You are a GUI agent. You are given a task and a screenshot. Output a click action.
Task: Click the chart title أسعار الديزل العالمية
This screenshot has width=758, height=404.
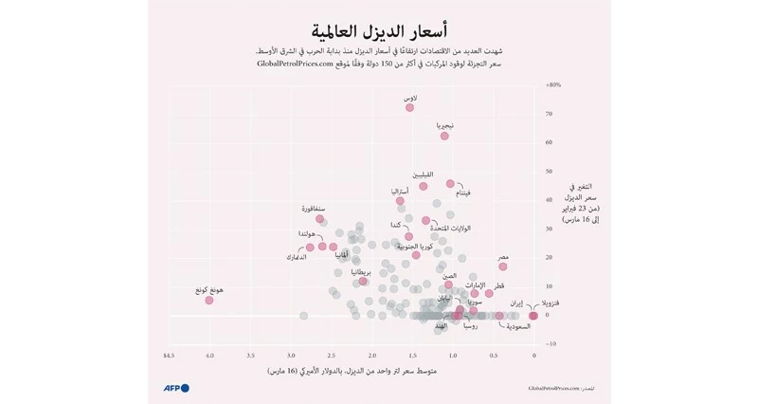(x=379, y=30)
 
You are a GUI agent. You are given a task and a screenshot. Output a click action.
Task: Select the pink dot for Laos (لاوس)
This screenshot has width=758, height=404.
(x=409, y=107)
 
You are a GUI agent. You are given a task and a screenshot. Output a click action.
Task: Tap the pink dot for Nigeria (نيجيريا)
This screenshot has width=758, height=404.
(x=444, y=136)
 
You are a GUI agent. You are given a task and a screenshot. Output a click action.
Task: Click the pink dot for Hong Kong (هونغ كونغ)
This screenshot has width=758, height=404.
(x=209, y=300)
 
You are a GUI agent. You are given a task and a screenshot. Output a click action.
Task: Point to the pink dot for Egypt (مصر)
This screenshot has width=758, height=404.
(x=503, y=266)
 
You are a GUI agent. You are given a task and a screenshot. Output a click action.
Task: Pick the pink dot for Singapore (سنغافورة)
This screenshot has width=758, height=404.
(x=320, y=219)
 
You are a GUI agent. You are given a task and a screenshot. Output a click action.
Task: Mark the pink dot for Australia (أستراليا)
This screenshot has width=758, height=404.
(x=400, y=201)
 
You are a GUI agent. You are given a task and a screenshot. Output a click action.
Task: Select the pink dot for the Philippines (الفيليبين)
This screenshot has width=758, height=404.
(x=424, y=186)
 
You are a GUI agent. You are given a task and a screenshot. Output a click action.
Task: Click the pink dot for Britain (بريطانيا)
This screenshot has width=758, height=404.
(x=363, y=281)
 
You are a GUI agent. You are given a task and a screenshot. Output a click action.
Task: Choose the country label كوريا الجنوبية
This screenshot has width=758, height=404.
(x=415, y=246)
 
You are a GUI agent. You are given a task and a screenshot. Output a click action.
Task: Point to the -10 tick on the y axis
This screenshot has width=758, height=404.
(x=551, y=343)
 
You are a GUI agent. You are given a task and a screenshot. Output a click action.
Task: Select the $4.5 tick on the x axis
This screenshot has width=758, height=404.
(x=170, y=356)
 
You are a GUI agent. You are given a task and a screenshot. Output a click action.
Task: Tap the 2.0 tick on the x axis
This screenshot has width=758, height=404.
(x=372, y=356)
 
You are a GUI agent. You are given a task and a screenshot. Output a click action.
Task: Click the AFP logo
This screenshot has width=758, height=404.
(x=176, y=388)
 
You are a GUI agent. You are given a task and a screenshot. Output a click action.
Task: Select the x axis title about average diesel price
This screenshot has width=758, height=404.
(x=352, y=371)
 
